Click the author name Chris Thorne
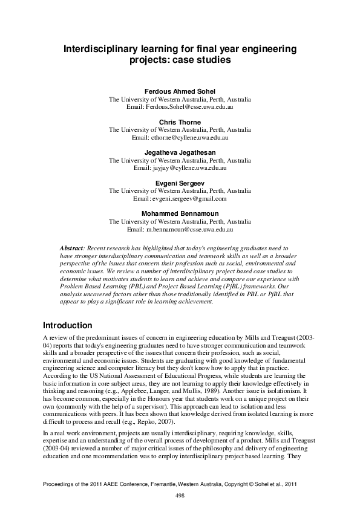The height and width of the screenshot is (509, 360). point(180,123)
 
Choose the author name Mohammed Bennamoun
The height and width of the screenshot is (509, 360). point(180,213)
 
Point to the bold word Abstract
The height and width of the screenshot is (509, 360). point(73,248)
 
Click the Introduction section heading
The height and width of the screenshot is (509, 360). point(68,325)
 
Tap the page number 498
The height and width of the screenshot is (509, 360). point(180,495)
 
